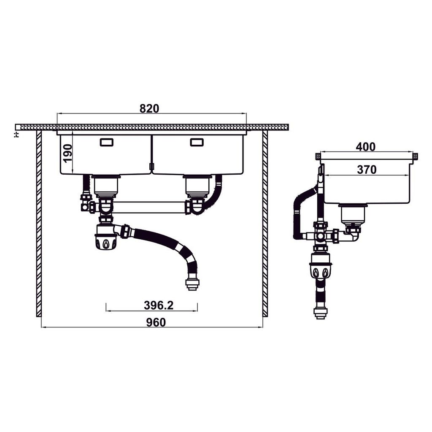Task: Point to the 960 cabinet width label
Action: click(x=156, y=322)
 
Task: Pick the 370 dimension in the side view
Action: click(x=367, y=170)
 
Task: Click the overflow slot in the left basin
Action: click(x=107, y=142)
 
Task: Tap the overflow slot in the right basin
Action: click(x=197, y=142)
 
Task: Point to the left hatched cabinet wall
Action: click(x=39, y=224)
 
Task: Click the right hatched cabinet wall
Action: click(x=265, y=224)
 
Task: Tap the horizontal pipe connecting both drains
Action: click(x=148, y=207)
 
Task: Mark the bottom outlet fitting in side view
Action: click(x=321, y=312)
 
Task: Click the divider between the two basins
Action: click(x=151, y=154)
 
